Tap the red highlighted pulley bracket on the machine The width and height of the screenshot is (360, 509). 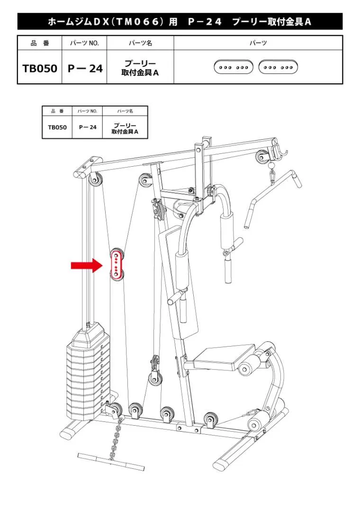117,264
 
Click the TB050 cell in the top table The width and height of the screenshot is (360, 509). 40,68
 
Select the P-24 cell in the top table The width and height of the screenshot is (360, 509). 85,68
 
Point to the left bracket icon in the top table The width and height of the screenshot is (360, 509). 234,67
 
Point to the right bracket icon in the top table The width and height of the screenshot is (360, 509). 278,67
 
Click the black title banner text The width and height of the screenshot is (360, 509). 180,22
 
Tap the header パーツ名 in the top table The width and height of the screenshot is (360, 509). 140,43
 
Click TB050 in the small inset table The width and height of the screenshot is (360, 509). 57,127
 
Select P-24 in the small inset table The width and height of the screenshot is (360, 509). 88,127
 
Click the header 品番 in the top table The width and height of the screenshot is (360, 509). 40,43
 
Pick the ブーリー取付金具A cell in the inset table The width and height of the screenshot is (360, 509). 125,129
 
